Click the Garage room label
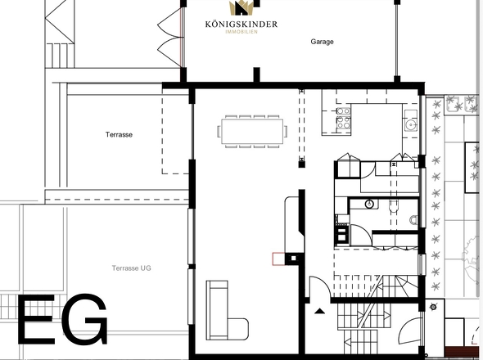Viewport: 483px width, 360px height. pos(322,41)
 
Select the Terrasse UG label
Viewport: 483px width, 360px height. pos(132,268)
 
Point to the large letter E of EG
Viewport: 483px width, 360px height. pos(38,320)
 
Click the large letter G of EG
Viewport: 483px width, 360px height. pos(85,320)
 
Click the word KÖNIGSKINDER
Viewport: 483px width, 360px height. pos(241,25)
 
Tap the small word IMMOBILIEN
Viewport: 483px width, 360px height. pos(241,32)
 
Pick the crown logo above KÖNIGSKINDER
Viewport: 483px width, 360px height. pos(241,8)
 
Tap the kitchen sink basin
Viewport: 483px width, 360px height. pos(410,125)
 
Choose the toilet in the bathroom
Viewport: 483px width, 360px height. pos(413,219)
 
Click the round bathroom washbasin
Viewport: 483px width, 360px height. pos(370,204)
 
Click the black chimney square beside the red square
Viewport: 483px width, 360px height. pos(291,259)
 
